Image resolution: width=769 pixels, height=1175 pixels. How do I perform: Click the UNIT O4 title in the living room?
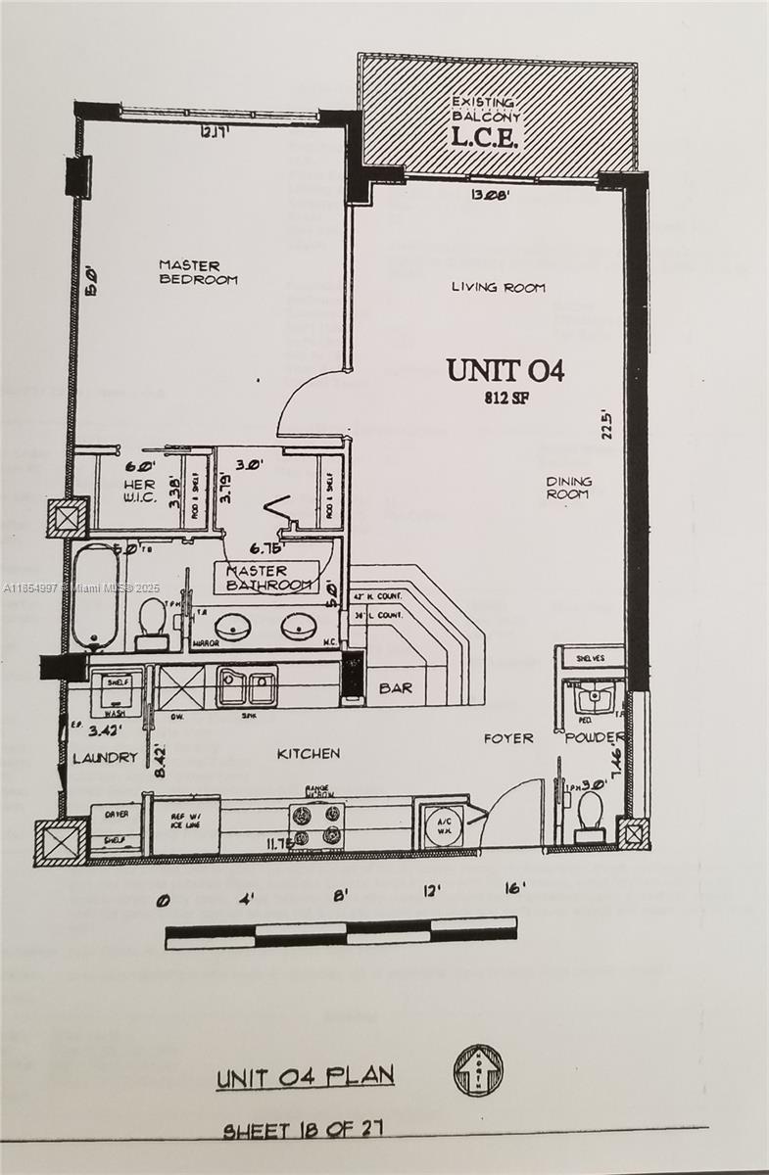(x=505, y=371)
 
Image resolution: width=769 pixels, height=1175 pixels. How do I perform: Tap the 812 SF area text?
(x=506, y=399)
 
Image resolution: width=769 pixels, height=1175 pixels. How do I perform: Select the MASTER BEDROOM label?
(x=198, y=272)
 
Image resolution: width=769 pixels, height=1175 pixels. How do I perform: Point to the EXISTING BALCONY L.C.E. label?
(x=484, y=122)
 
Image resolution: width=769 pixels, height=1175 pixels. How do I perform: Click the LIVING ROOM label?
(x=498, y=288)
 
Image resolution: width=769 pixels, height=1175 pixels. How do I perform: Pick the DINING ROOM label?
(x=568, y=488)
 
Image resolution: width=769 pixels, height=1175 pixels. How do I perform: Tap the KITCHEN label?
(x=308, y=754)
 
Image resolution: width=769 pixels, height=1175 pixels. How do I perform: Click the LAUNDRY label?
(x=105, y=757)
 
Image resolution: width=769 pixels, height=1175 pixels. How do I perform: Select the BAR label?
(x=395, y=688)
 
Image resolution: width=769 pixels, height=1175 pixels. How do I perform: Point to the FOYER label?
(x=508, y=738)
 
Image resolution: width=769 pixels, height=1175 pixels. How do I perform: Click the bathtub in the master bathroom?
(x=96, y=597)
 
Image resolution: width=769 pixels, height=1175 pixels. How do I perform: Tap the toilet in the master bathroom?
(x=152, y=623)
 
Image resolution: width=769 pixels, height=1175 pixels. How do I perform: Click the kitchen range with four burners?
(x=316, y=824)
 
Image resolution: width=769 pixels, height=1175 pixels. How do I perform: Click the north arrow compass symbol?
(x=478, y=1069)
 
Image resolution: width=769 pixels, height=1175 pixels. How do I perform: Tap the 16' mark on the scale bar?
(x=514, y=890)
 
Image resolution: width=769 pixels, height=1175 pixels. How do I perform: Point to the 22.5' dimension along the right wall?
(x=608, y=424)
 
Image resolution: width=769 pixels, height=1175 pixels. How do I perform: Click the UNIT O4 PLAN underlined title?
(x=305, y=1077)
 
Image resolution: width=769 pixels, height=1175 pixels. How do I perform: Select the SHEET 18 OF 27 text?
(x=303, y=1130)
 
